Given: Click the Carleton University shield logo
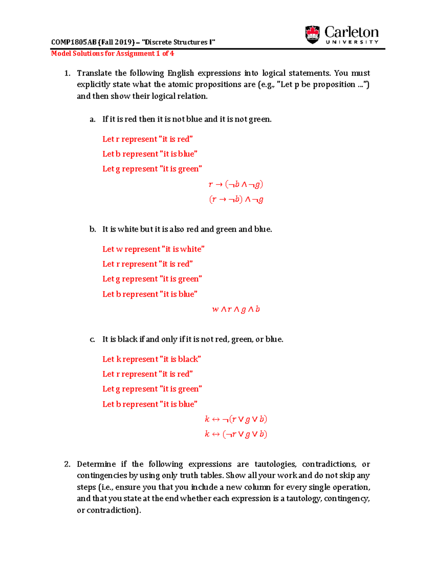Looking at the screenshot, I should pos(312,34).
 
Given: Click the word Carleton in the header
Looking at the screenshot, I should pos(351,32).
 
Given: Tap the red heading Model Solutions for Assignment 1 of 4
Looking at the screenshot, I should pos(112,54).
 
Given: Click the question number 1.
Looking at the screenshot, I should pos(67,73).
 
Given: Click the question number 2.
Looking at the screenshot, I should pos(67,464).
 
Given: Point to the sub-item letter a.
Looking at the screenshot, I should pos(92,119).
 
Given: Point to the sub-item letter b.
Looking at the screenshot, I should pos(92,229).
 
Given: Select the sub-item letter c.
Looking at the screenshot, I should pos(92,339).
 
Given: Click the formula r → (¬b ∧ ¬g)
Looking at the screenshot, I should pos(236,184).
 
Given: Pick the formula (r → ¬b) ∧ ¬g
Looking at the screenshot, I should pos(236,199).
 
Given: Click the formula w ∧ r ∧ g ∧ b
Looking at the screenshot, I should pos(236,309).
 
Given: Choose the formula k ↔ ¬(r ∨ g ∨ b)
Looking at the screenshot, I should pos(236,419).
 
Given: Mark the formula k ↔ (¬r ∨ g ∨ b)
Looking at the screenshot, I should pos(236,434).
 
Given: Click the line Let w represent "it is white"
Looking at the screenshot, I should pos(153,249).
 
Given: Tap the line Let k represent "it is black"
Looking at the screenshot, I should pos(152,359).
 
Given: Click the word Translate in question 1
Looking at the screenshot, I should pos(94,73).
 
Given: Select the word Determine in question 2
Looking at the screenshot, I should pos(96,464).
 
